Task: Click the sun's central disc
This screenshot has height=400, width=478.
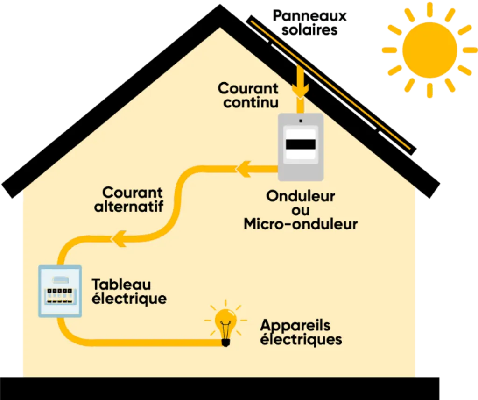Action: click(429, 50)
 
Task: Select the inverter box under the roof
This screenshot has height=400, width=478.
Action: click(301, 147)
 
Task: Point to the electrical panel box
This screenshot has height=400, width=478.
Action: click(60, 291)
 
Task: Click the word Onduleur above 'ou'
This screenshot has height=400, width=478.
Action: click(301, 196)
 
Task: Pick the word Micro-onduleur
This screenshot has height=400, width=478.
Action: click(301, 224)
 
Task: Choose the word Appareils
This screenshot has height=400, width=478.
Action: click(295, 325)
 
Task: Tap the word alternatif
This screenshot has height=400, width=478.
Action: click(129, 206)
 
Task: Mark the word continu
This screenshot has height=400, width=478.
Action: click(251, 102)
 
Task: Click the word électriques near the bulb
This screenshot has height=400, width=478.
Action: click(301, 339)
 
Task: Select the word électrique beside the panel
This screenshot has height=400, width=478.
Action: click(129, 298)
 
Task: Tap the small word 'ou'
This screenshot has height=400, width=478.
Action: click(301, 210)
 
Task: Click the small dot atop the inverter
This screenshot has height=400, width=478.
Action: click(301, 121)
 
